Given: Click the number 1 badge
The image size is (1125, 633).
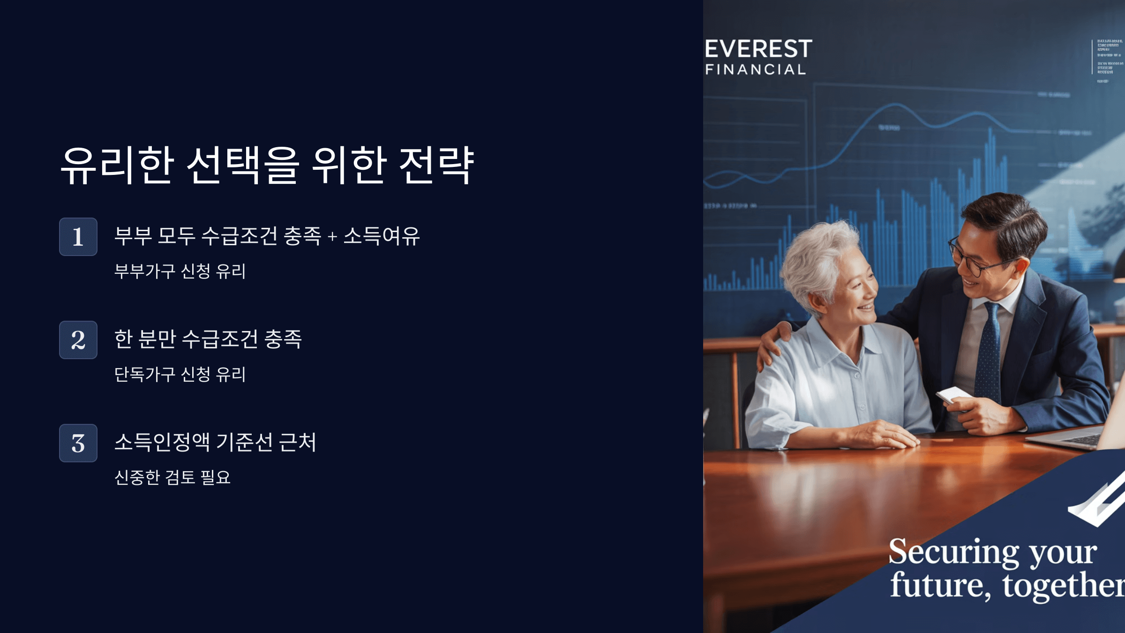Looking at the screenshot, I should point(78,237).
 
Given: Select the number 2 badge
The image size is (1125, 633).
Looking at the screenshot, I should point(78,340).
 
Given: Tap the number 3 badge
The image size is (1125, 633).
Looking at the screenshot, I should point(78,443).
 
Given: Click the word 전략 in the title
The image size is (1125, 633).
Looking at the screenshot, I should point(436,165).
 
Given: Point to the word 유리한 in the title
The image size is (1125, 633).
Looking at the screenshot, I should point(118,165).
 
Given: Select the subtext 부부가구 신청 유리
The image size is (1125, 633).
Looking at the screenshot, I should point(180,271).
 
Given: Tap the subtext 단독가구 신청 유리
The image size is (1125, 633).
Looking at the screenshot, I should point(180,374).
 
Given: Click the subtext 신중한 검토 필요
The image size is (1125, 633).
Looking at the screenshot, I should point(172,477).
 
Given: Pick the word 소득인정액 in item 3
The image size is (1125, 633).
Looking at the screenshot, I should point(162,442).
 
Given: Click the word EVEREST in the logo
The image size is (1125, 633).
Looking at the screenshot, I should point(758,49).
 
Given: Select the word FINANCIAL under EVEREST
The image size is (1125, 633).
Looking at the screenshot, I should point(756,69).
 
